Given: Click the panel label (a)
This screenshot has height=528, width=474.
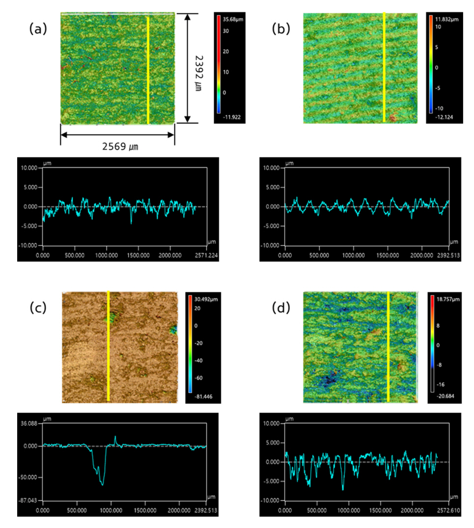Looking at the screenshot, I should point(38,29).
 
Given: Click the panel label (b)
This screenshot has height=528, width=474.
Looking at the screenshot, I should point(280,29).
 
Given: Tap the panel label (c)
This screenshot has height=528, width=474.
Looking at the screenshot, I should point(38,308).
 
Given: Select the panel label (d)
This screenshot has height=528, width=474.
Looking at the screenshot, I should point(280,308).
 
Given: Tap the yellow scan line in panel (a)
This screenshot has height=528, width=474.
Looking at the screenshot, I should point(148,69).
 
